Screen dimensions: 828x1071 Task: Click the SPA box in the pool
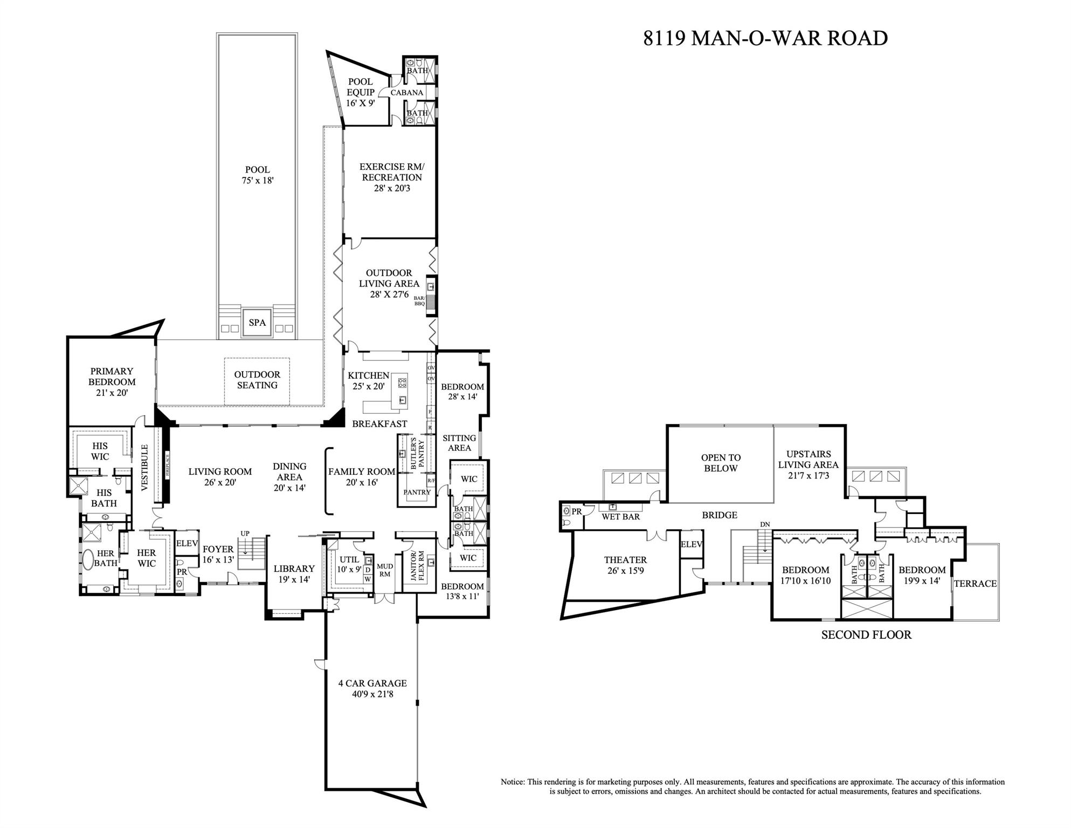[257, 323]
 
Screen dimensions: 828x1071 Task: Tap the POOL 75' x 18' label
[257, 175]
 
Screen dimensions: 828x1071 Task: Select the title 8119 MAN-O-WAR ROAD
[765, 38]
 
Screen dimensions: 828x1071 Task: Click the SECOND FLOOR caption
[866, 635]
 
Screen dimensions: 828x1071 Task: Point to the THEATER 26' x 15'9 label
[625, 565]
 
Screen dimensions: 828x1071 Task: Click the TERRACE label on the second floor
[975, 584]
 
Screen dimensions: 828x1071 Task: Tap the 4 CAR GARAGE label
[372, 688]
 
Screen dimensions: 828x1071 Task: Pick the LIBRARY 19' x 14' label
[294, 574]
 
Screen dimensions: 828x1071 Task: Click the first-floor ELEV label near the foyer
[187, 544]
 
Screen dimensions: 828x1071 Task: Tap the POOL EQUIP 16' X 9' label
[360, 92]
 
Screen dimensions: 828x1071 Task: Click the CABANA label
[406, 93]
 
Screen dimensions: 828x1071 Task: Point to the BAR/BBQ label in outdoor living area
[419, 301]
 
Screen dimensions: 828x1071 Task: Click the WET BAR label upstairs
[620, 517]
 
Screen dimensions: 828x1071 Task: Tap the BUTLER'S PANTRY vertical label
[418, 454]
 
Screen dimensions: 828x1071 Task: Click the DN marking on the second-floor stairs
[765, 524]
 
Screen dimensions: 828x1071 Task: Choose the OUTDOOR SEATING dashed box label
[257, 380]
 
